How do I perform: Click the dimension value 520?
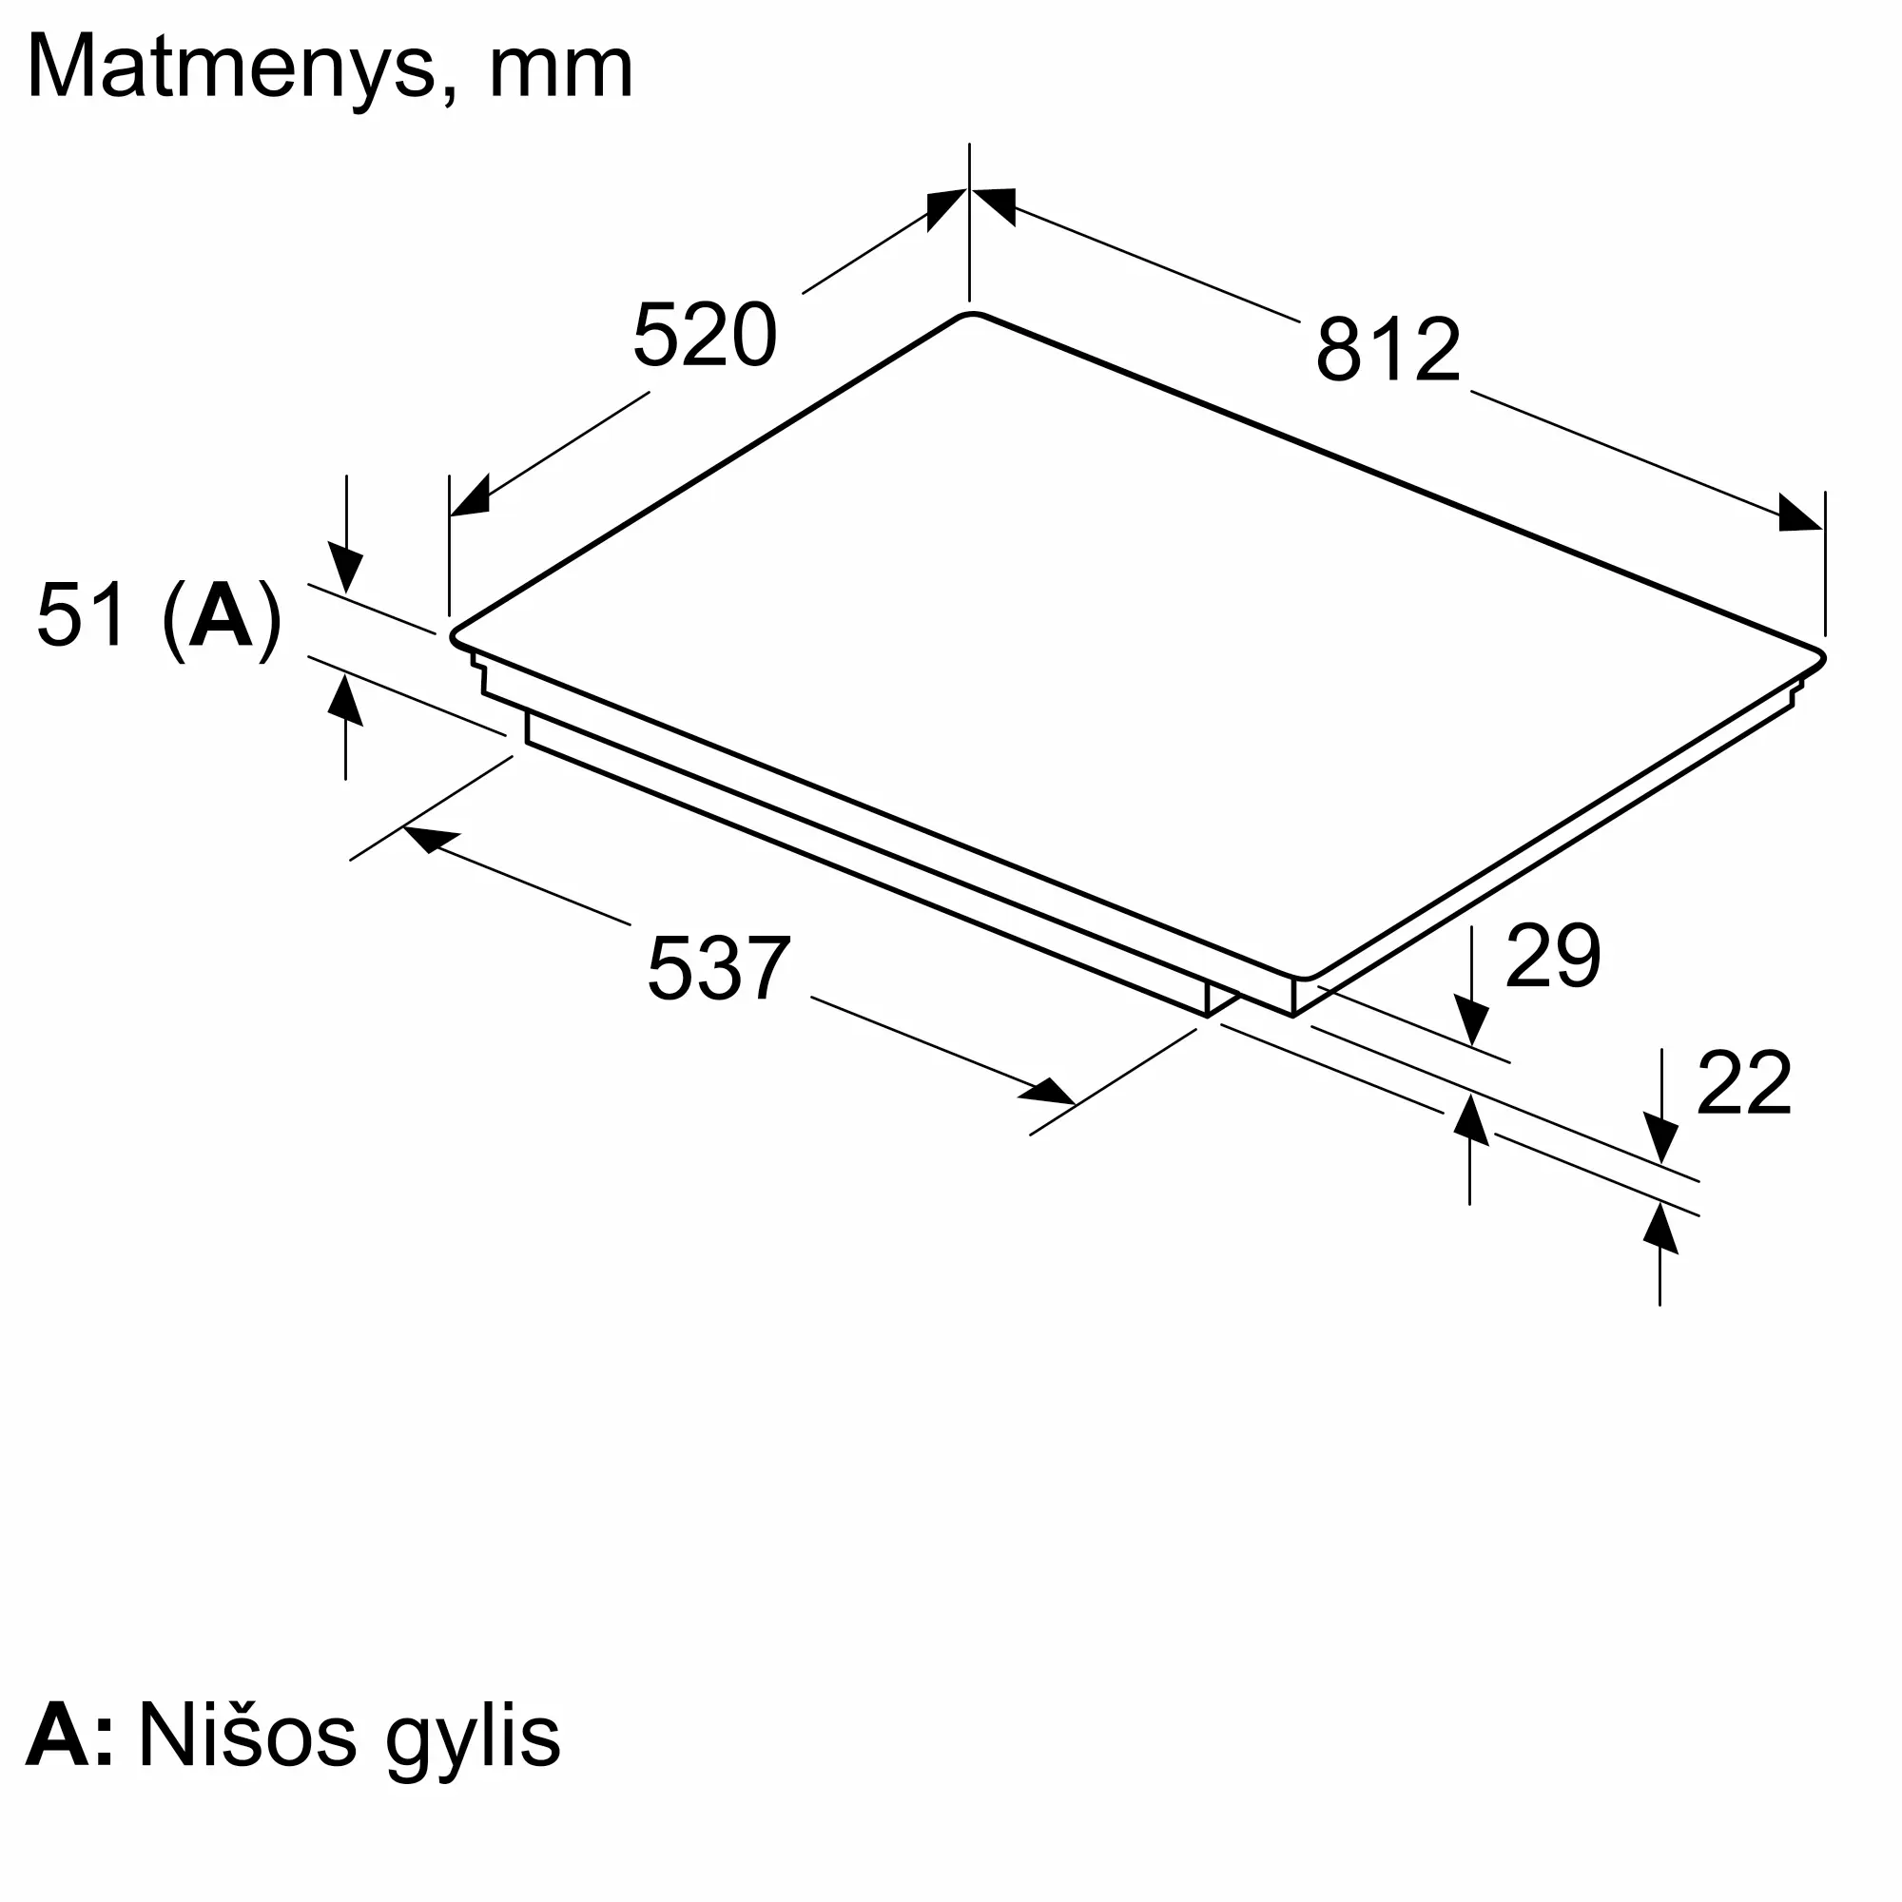pos(705,337)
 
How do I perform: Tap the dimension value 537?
pos(719,969)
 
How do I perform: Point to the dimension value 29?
pos(1554,955)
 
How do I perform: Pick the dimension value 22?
pos(1744,1083)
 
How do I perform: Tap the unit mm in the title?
pos(561,73)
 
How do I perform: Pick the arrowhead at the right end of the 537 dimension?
pos(1047,1092)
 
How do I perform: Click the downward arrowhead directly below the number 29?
pos(1472,1019)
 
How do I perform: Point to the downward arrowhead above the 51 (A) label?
pos(345,570)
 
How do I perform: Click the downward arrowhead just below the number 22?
pos(1660,1140)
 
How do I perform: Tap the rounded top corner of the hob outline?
pos(971,314)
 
